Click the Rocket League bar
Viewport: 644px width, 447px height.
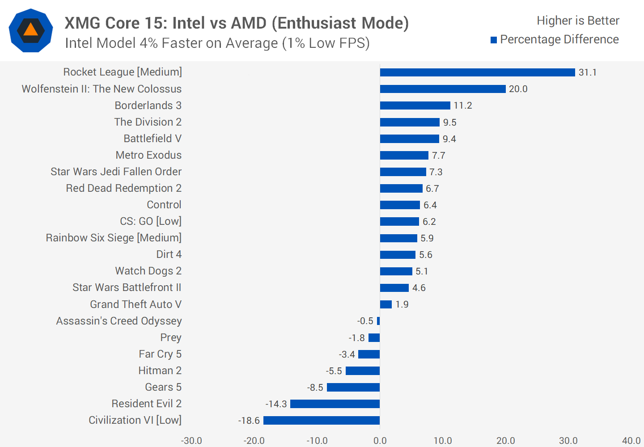pyautogui.click(x=477, y=72)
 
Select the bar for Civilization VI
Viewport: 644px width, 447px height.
pyautogui.click(x=322, y=420)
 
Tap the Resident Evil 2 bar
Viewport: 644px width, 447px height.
pyautogui.click(x=335, y=404)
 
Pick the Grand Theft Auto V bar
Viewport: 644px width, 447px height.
pyautogui.click(x=386, y=304)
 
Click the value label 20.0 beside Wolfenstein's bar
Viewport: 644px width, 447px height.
pyautogui.click(x=518, y=89)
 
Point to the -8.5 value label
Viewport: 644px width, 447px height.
pyautogui.click(x=315, y=388)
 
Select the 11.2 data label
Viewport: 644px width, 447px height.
pyautogui.click(x=463, y=105)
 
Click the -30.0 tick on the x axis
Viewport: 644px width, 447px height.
pyautogui.click(x=191, y=440)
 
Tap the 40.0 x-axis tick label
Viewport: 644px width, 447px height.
pyautogui.click(x=631, y=440)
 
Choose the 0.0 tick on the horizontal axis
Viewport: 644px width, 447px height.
pyautogui.click(x=380, y=440)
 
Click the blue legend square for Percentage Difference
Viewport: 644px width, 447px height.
pyautogui.click(x=494, y=40)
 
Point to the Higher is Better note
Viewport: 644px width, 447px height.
pyautogui.click(x=578, y=21)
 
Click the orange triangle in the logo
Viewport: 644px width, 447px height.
pyautogui.click(x=30, y=30)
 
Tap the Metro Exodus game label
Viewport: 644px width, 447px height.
pyautogui.click(x=148, y=155)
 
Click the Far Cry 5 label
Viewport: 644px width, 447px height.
pyautogui.click(x=160, y=354)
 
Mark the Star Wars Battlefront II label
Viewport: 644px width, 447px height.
pyautogui.click(x=127, y=287)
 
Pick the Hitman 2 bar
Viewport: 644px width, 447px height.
pyautogui.click(x=363, y=371)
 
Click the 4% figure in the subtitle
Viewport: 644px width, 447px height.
pyautogui.click(x=149, y=43)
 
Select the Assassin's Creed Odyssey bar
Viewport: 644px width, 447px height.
pyautogui.click(x=378, y=321)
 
